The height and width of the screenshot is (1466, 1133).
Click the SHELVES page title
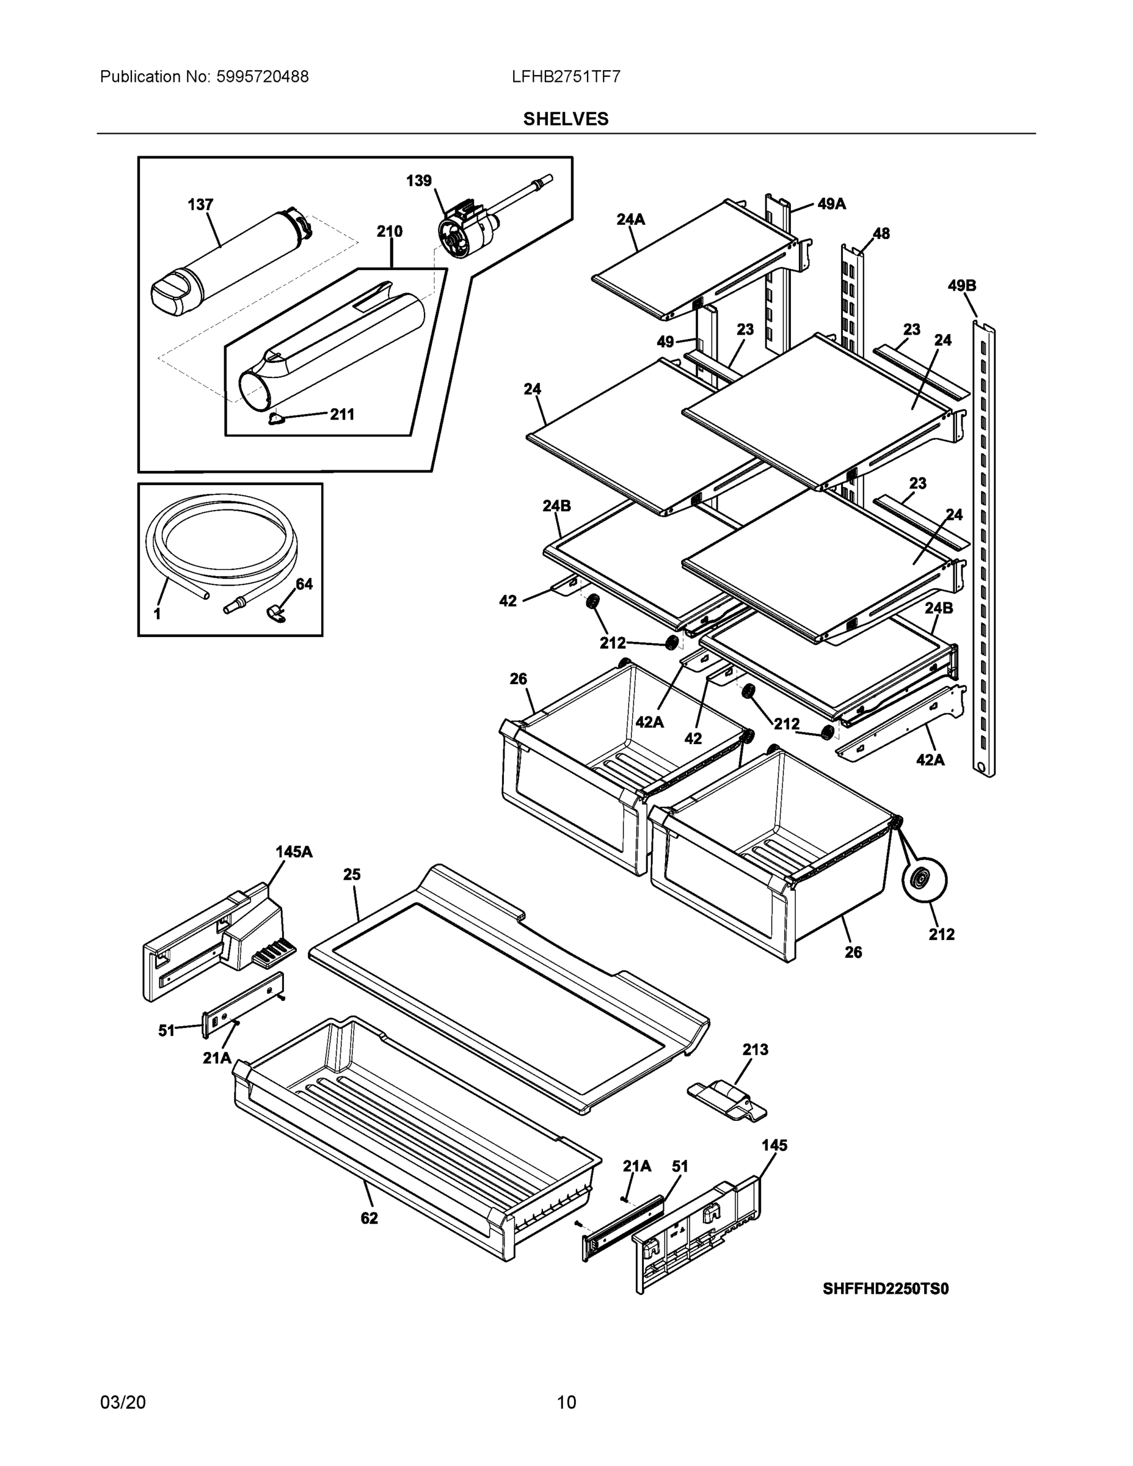click(565, 119)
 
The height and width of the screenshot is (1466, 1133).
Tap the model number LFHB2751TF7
click(565, 76)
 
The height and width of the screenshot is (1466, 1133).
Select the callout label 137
click(200, 205)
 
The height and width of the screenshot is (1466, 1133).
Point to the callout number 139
click(419, 181)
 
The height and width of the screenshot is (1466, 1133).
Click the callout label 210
click(389, 232)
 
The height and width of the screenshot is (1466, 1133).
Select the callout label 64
click(304, 584)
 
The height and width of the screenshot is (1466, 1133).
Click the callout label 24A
click(630, 219)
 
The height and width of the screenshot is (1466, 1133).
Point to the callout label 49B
click(961, 285)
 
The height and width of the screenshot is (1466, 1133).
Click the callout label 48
click(881, 233)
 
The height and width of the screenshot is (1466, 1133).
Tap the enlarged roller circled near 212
click(924, 880)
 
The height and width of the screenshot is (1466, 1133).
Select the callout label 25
click(352, 875)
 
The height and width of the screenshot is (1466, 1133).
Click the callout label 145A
click(294, 852)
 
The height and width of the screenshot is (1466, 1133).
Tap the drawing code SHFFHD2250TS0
click(885, 1289)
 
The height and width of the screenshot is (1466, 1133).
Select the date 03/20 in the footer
click(123, 1402)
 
